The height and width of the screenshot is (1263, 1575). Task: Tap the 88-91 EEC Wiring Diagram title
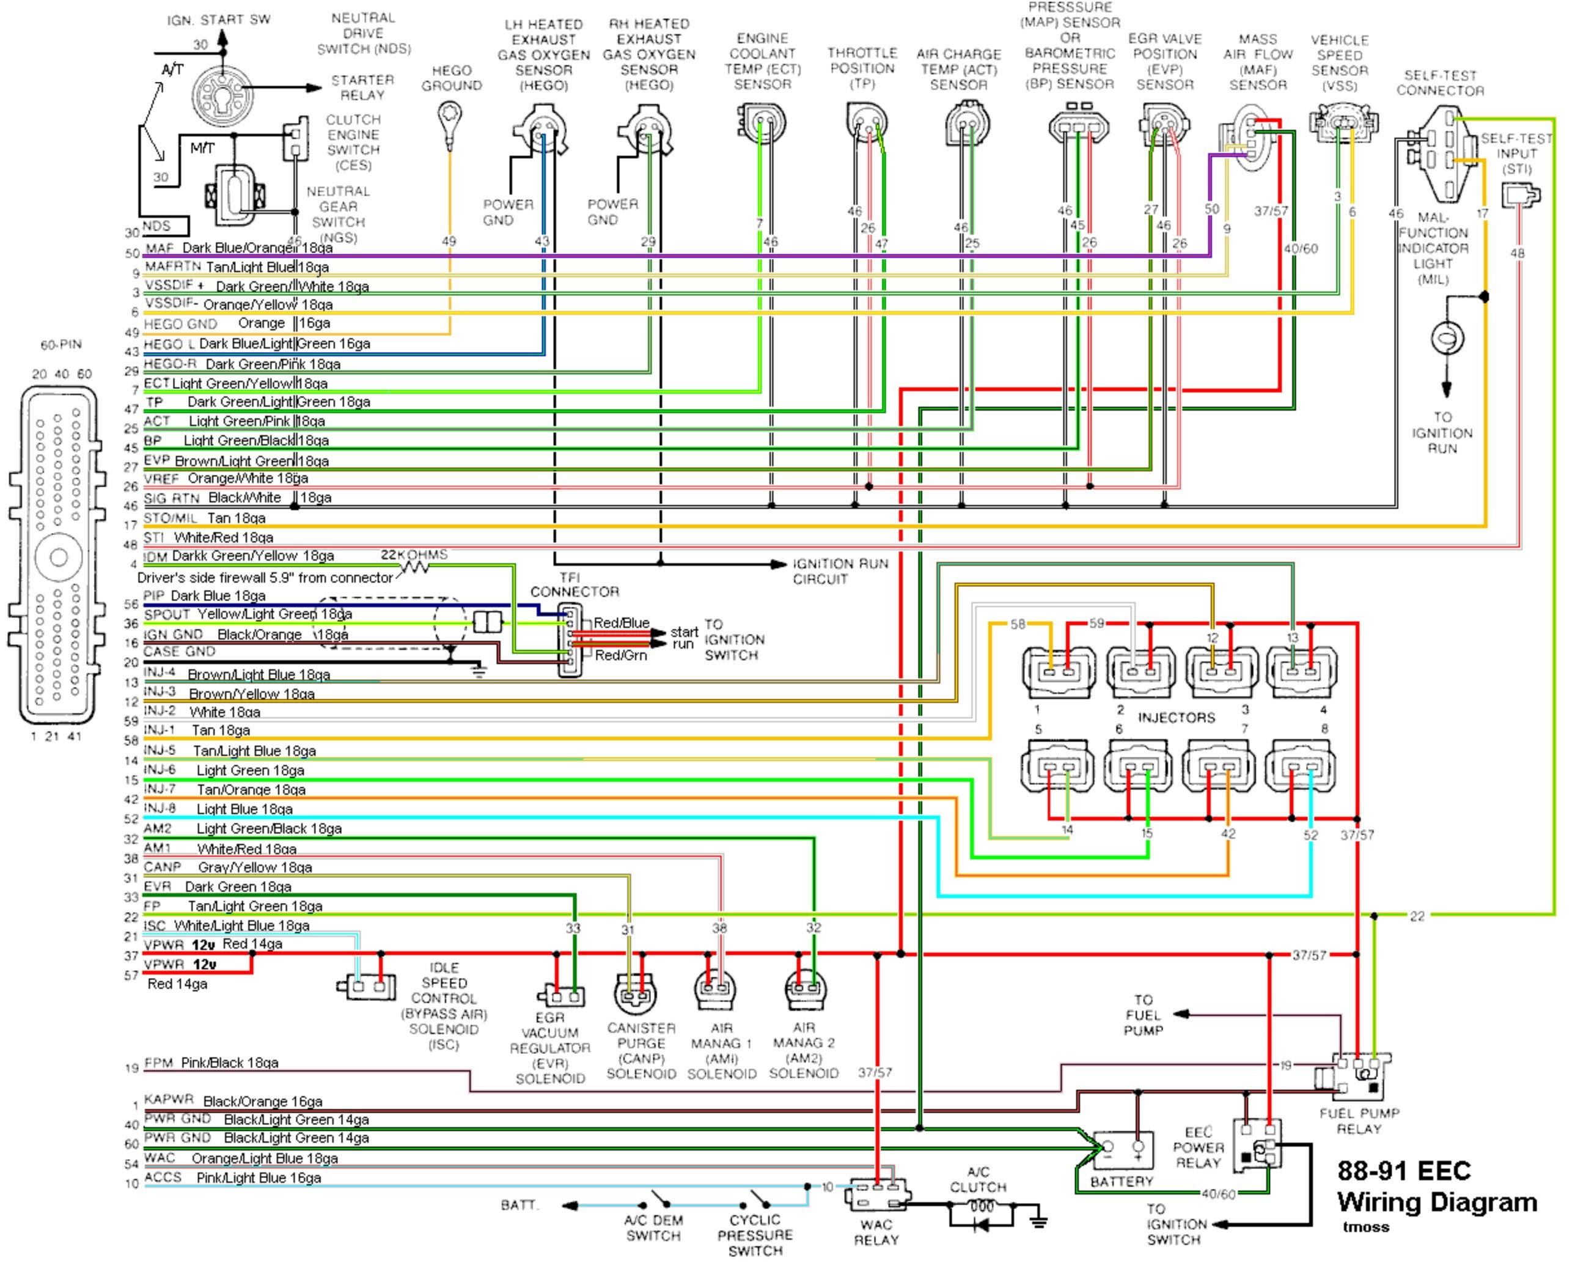tap(1436, 1187)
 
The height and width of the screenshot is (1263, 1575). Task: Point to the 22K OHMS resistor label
tap(414, 556)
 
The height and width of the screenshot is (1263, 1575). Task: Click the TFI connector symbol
tap(569, 640)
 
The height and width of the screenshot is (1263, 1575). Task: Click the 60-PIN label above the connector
tap(61, 345)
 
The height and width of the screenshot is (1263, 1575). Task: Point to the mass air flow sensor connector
tap(1249, 136)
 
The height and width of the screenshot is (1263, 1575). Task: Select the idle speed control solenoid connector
tap(367, 987)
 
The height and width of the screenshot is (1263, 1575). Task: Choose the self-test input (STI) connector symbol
tap(1520, 195)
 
